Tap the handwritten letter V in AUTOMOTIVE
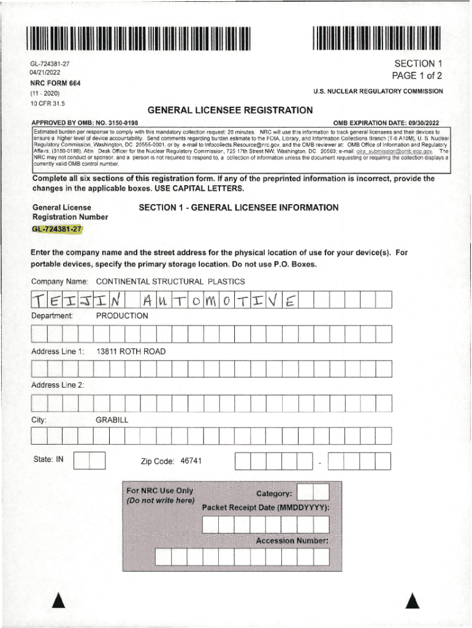273,300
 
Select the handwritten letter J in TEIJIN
86,300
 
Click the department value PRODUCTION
122,316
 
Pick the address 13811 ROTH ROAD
131,351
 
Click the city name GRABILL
112,420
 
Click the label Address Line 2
58,385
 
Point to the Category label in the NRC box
274,494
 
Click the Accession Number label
292,541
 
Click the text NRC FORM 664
56,83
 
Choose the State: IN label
47,459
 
